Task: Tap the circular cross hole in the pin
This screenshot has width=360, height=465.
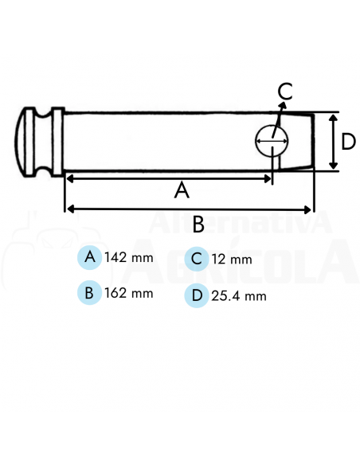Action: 272,142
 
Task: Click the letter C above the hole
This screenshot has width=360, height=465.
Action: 285,92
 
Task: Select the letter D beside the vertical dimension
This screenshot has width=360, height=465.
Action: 347,142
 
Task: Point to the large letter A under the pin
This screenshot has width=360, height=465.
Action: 182,192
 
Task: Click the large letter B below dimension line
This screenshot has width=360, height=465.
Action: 198,224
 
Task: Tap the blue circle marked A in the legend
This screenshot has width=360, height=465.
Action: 90,258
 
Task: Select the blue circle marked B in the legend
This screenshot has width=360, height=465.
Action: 89,292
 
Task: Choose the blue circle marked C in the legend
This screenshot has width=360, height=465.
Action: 196,259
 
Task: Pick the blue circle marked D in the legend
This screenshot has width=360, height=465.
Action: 196,295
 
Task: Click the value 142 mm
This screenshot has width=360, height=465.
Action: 128,259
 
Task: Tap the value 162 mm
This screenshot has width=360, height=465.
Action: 128,293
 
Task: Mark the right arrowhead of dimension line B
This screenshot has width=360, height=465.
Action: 310,209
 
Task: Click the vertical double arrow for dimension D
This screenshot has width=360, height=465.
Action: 331,142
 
